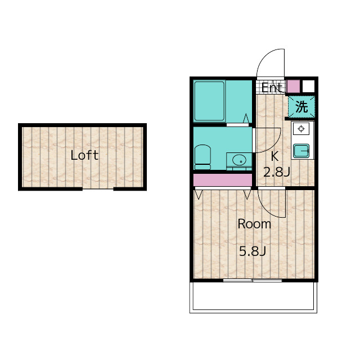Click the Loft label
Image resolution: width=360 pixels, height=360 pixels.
point(84,155)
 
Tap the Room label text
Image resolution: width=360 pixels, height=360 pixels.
point(254,224)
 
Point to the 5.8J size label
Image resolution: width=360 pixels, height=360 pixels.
point(253,251)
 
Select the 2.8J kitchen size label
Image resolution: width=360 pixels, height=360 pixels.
point(277,172)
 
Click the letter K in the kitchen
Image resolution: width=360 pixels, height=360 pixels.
point(275,156)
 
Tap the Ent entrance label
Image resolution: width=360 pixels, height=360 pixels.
point(272,88)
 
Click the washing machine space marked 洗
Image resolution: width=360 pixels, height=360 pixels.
point(301,107)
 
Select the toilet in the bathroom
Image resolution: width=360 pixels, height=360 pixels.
point(202,157)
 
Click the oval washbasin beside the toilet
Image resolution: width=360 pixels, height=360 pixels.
point(239,160)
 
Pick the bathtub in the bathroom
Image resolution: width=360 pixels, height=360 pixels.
point(209,101)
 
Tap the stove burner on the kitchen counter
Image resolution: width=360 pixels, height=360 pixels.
point(301,129)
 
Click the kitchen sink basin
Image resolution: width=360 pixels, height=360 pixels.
point(301,151)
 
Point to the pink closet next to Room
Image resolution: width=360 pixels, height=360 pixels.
point(223,180)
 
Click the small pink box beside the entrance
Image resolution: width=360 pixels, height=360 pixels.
point(294,86)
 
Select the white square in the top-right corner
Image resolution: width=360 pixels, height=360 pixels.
point(308,86)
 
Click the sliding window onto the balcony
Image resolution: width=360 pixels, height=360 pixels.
point(253,280)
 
